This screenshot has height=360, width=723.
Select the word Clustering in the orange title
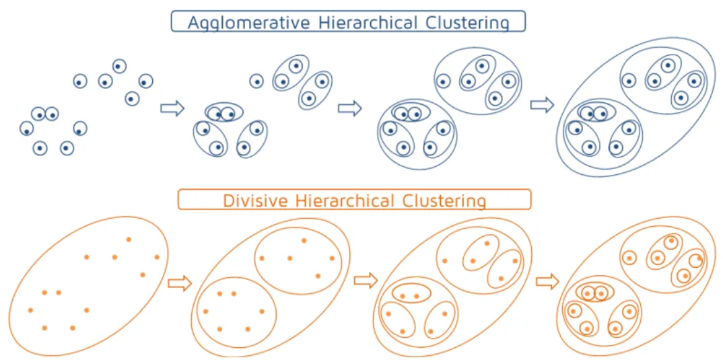(444, 201)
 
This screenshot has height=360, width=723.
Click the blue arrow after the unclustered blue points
(172, 108)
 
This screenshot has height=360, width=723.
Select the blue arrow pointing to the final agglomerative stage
(542, 105)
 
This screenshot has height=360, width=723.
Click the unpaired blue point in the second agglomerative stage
(256, 81)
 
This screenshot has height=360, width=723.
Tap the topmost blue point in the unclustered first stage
(119, 66)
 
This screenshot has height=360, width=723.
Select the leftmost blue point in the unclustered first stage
(26, 128)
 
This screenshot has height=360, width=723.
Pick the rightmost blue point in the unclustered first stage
(145, 81)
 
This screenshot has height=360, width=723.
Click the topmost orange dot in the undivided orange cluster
(129, 239)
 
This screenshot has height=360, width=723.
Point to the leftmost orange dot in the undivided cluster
(30, 310)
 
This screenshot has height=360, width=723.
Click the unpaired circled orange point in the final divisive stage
(629, 257)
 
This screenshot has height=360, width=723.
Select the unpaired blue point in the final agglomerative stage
(629, 81)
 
